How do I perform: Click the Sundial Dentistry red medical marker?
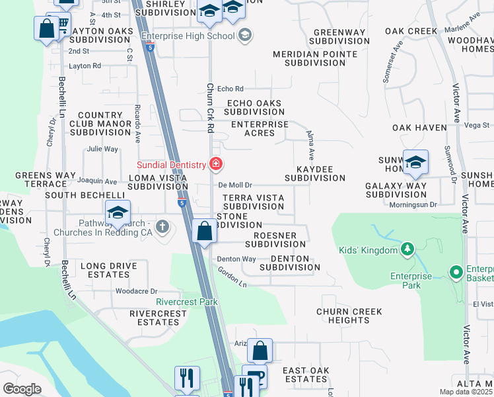coord(216,163)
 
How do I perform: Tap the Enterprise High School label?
coord(188,35)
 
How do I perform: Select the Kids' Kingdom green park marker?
coord(407,249)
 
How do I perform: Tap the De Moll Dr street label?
coord(236,186)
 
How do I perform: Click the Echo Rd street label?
coord(230,89)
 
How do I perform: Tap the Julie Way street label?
coord(102,149)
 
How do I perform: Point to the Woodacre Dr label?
coord(137,290)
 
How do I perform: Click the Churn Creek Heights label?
coord(349,316)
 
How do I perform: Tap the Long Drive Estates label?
coord(109,270)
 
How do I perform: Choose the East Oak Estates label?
coord(304,375)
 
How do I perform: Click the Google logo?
coord(22,388)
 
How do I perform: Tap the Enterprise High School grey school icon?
coord(245,34)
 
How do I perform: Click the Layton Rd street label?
coord(85,66)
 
